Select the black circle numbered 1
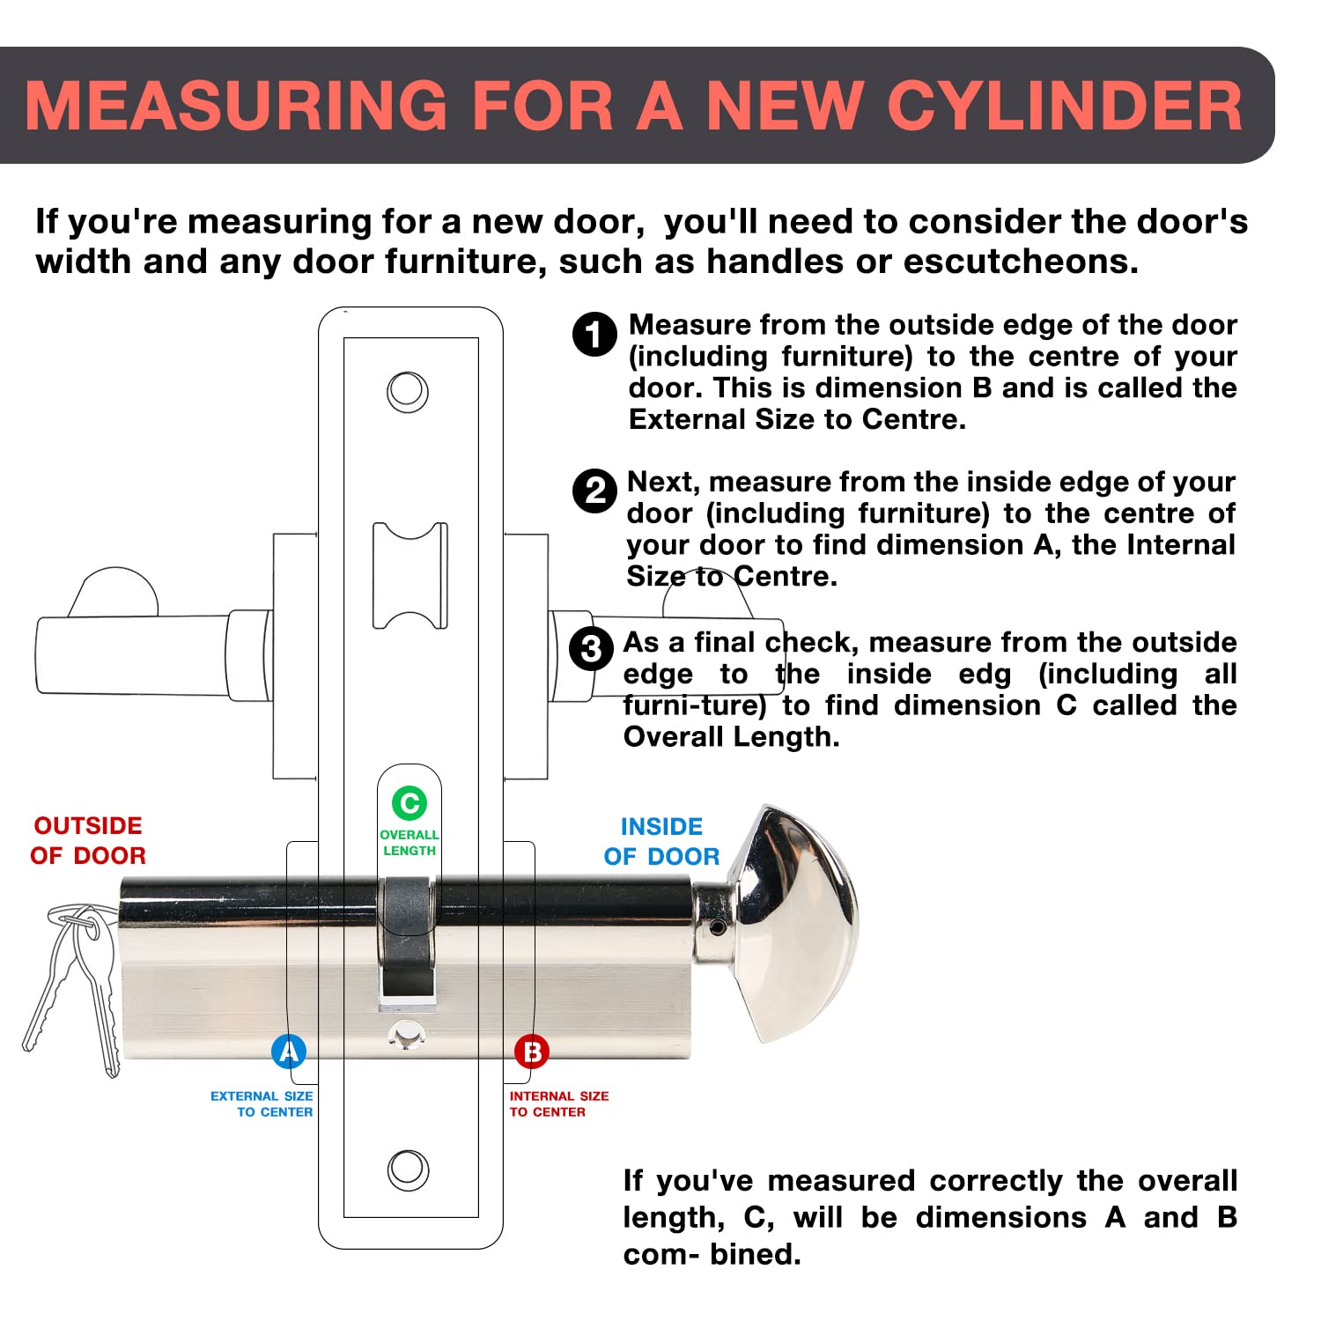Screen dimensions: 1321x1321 point(594,335)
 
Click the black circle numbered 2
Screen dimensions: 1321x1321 point(594,491)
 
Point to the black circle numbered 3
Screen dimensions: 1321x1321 point(591,650)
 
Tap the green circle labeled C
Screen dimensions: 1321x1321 point(409,802)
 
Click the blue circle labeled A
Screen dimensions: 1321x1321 point(289,1051)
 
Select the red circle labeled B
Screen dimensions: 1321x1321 point(532,1051)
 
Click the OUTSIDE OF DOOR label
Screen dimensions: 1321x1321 point(88,841)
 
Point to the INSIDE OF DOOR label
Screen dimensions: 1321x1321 point(661,842)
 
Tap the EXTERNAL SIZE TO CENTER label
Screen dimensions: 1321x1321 point(262,1104)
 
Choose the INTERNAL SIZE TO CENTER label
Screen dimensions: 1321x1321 point(558,1104)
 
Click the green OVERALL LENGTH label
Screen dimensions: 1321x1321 point(409,843)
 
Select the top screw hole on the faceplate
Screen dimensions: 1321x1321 point(408,392)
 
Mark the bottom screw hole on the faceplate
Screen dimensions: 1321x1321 point(408,1170)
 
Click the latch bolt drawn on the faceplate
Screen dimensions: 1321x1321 point(410,575)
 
